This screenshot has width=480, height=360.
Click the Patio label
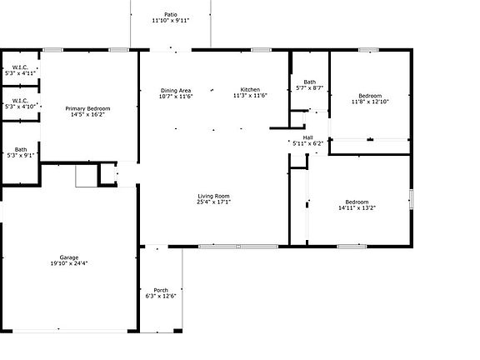click(171, 14)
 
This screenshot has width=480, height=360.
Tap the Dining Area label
click(176, 90)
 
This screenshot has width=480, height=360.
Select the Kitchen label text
click(250, 90)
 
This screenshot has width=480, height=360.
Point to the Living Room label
click(214, 196)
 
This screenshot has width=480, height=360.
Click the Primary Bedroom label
click(87, 108)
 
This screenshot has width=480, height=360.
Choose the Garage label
click(68, 257)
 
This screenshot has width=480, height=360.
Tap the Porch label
click(161, 290)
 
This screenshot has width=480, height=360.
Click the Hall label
click(307, 137)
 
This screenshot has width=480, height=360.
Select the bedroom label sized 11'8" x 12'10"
click(369, 96)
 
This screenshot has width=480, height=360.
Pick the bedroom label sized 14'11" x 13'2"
click(357, 202)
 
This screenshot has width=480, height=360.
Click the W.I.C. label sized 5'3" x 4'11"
click(20, 67)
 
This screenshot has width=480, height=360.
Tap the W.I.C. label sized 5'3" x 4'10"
click(20, 101)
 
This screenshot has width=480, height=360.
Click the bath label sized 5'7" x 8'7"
click(309, 82)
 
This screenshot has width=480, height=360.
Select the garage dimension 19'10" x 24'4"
click(68, 263)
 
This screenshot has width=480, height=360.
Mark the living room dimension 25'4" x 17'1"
click(214, 202)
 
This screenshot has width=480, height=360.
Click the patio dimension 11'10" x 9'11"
click(171, 20)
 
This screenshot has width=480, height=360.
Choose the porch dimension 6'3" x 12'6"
click(161, 296)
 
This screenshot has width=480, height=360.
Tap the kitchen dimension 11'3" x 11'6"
click(250, 96)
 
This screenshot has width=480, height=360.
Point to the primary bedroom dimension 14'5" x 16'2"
click(87, 114)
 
